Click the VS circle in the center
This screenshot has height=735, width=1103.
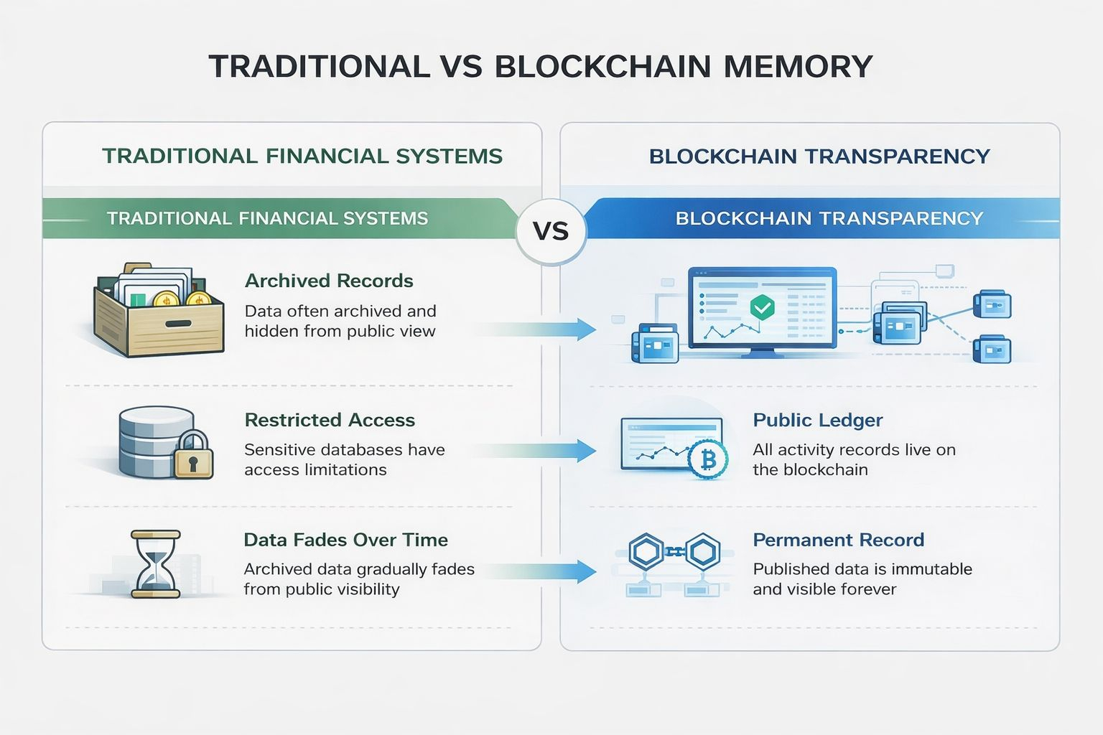551,231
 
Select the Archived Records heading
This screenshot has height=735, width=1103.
329,281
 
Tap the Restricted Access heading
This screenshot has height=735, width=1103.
330,420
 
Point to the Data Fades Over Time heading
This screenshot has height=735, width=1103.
345,540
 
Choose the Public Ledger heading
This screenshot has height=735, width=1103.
817,420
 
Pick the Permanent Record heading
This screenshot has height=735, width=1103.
838,540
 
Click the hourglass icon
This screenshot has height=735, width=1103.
155,564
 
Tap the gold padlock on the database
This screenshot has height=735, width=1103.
194,456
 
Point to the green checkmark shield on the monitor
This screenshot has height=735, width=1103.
761,307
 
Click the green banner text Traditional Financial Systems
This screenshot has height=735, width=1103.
267,218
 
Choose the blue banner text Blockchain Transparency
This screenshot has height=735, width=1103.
829,218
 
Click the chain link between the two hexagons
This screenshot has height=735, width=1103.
674,552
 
